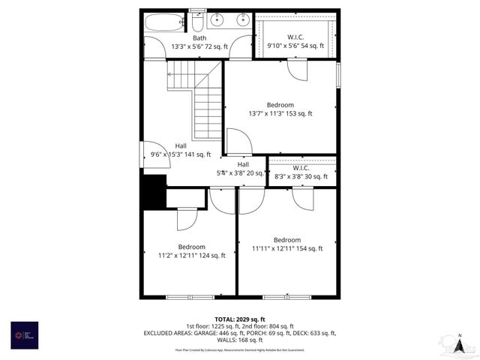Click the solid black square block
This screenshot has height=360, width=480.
(154, 192)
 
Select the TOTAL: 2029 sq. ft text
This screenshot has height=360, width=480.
(239, 319)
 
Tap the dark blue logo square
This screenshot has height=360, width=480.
(24, 334)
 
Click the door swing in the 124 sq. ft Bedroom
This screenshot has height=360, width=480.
(186, 218)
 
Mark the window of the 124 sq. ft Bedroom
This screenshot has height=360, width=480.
(184, 298)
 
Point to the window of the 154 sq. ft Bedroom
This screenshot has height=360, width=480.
(286, 298)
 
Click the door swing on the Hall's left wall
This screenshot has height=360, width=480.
(151, 154)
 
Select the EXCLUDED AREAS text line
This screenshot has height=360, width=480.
(239, 332)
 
